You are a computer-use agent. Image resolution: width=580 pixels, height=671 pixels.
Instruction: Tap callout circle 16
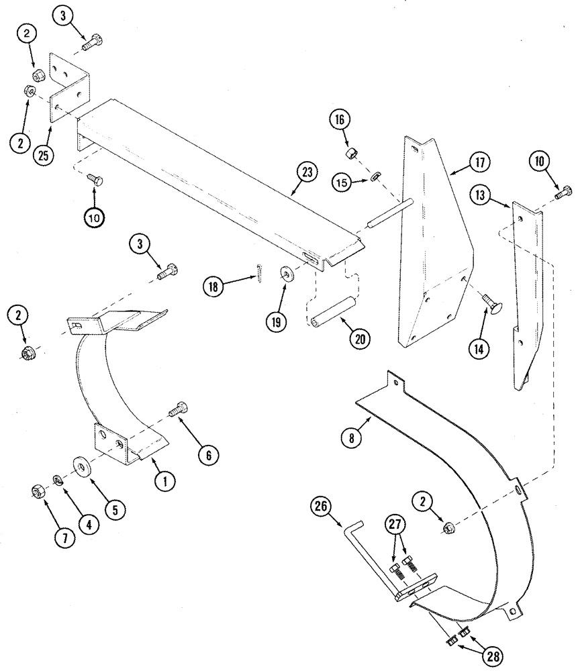point(339,121)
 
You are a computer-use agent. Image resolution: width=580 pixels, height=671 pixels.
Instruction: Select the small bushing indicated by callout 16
point(350,155)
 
